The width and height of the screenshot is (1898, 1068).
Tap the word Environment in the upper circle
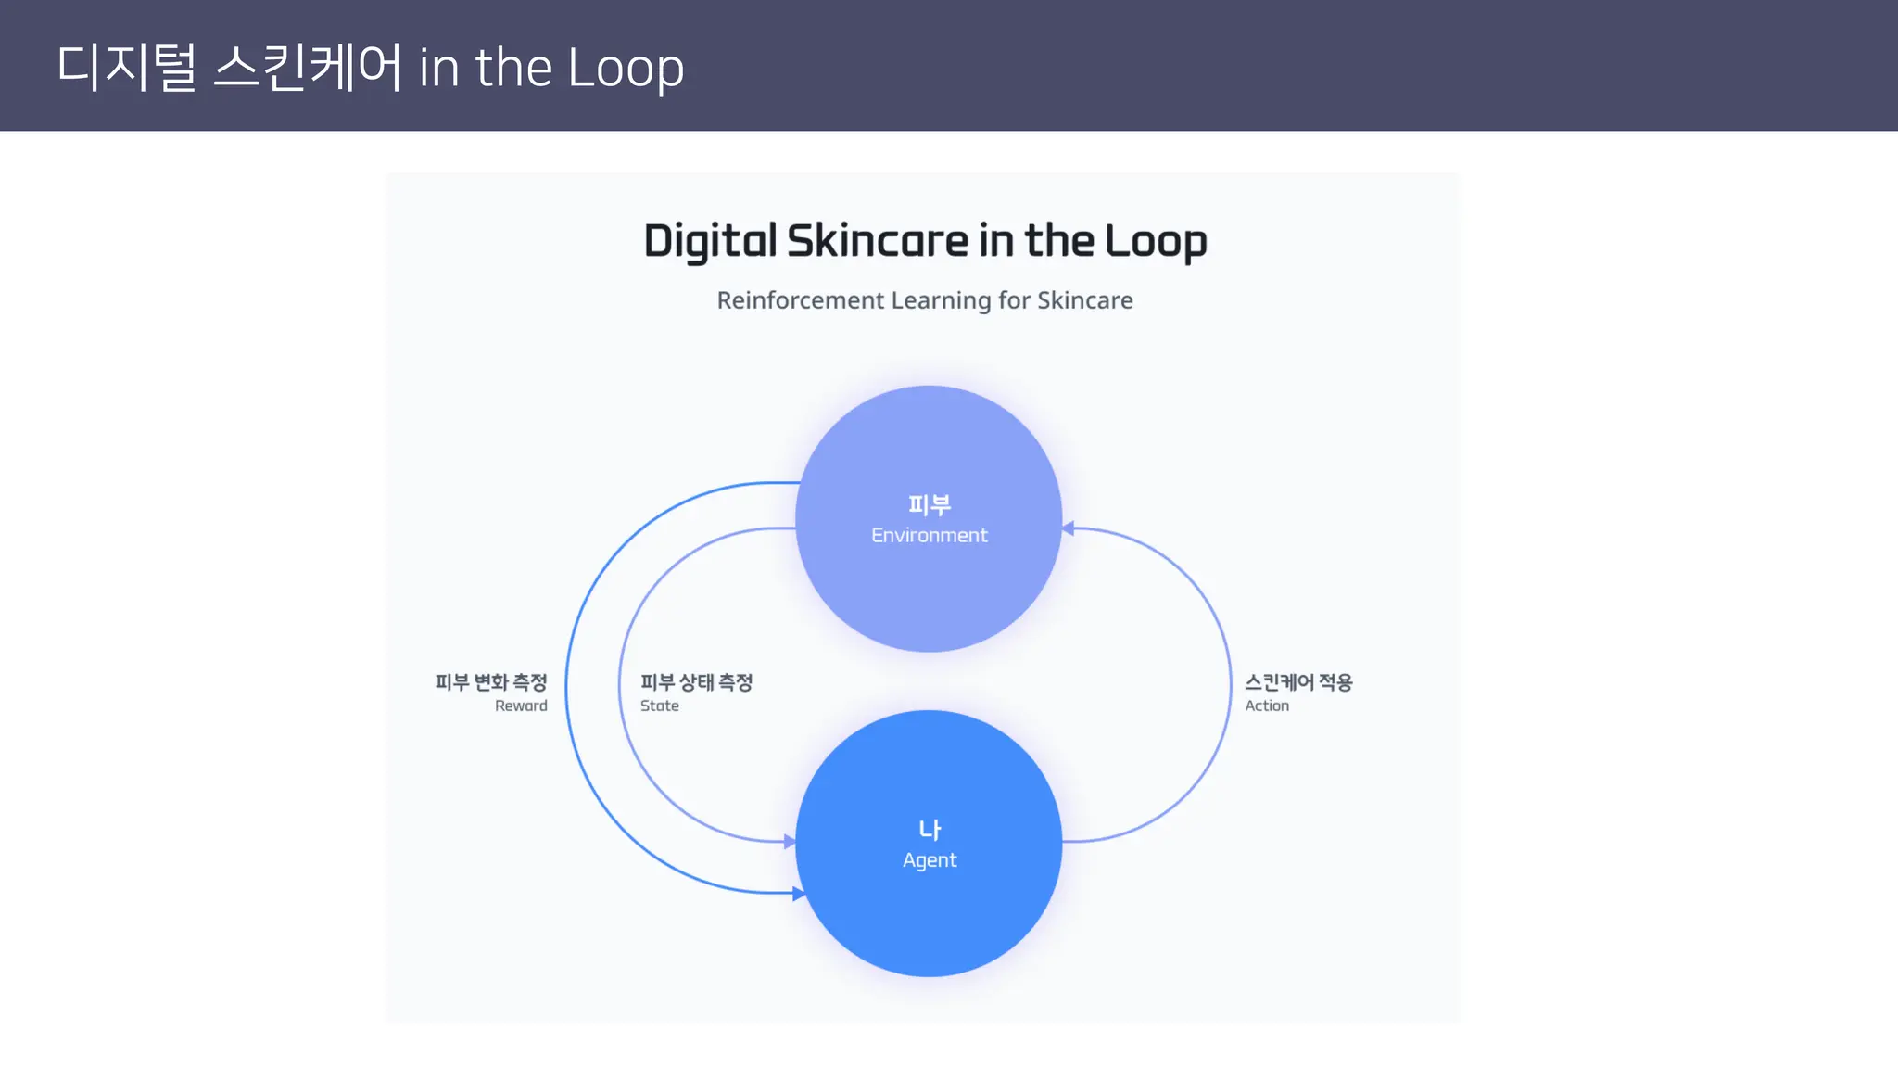pos(929,536)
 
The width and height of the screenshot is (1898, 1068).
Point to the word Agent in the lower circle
pos(930,860)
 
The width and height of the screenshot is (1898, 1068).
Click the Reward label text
pos(521,706)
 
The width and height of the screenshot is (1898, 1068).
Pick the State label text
pos(660,706)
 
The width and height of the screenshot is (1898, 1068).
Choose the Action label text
pos(1267,706)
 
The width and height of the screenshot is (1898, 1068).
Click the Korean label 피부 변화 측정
pos(491,682)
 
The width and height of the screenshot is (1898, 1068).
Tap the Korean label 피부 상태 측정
pos(696,682)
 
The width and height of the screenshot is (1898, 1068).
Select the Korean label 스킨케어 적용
pos(1298,682)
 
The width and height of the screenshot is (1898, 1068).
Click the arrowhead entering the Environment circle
pos(1069,528)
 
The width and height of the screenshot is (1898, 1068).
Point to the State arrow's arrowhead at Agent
pos(790,842)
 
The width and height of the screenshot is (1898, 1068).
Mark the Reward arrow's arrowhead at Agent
pos(798,894)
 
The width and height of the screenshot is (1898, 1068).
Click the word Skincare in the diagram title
pos(878,241)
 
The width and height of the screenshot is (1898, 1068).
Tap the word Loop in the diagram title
pos(1156,241)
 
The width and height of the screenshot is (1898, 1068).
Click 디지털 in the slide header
pos(127,67)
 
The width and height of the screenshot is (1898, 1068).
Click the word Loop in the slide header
pos(626,69)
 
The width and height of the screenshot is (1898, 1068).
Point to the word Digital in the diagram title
pos(710,241)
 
